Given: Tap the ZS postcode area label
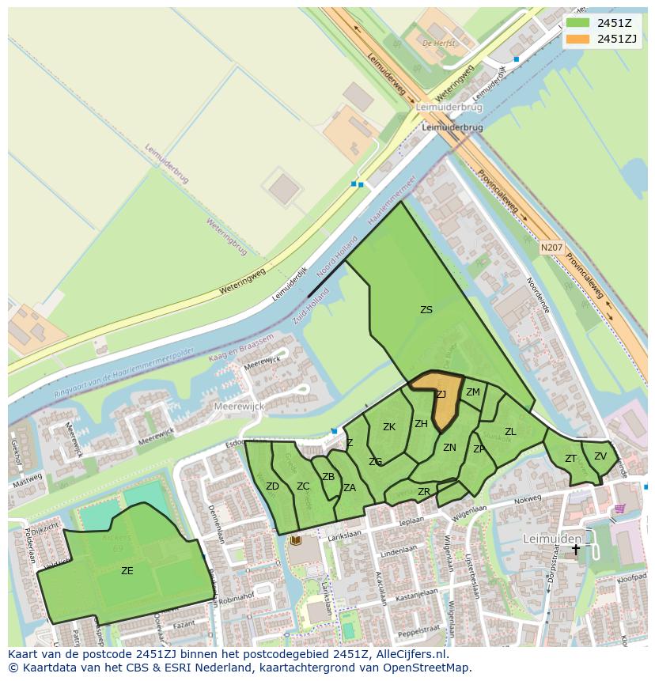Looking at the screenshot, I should coord(426,310).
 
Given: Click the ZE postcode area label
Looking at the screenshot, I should coord(127,570).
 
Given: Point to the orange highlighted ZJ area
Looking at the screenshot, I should coord(444,403).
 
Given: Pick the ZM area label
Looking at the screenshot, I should coord(473,392).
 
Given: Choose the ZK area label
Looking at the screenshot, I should coord(389,427).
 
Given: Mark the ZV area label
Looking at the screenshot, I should coord(600,456).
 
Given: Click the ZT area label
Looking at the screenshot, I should coord(570,459).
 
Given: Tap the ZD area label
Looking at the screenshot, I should coord(272,486).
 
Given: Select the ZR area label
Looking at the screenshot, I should coord(424,492).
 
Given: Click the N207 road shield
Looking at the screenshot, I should coord(552,248).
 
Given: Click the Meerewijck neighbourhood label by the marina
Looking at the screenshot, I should coord(239,406).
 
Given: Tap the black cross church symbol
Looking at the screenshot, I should coord(576,548).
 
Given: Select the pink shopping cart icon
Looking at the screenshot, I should coord(620,509).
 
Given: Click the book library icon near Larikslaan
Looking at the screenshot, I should coord(296,540).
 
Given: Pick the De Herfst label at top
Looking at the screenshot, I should coord(440,43).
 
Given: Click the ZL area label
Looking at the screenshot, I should coord(510,432).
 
